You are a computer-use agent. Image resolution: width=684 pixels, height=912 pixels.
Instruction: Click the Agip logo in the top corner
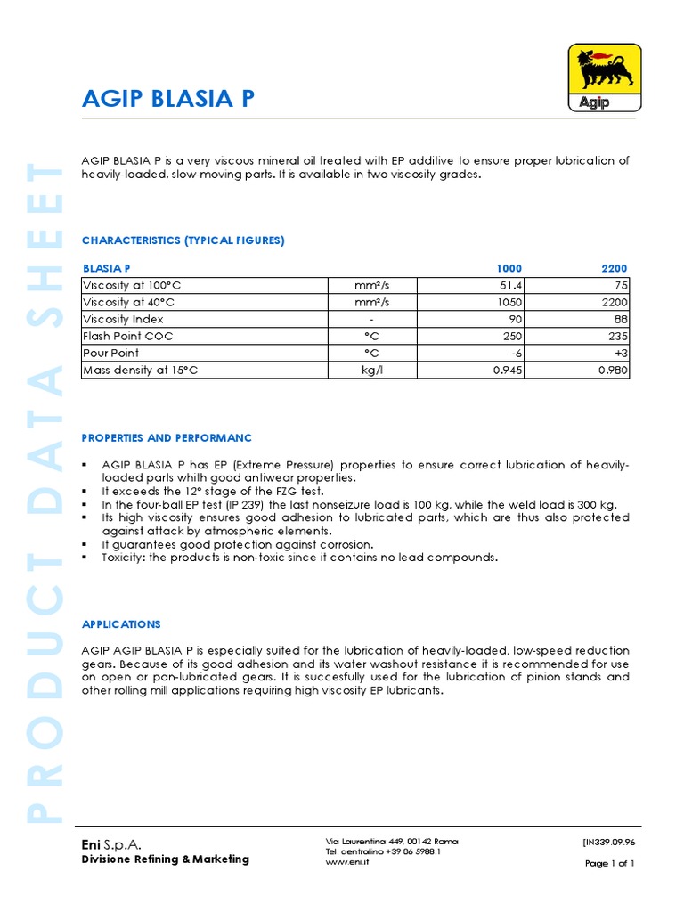point(603,78)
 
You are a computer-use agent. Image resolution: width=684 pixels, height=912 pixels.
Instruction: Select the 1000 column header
point(509,268)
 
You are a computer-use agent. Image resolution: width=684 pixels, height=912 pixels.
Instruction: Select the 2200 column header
point(614,268)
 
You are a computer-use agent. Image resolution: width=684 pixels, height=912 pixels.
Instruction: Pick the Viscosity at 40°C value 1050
point(509,303)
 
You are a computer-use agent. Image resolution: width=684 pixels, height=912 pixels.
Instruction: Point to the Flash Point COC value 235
point(618,337)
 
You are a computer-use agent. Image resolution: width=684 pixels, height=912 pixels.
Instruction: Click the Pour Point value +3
point(621,354)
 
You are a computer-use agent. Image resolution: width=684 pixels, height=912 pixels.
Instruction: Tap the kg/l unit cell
point(371,370)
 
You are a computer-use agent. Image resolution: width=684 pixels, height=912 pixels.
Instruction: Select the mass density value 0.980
point(613,370)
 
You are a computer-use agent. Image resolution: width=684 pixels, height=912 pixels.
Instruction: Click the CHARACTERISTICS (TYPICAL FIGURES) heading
point(183,240)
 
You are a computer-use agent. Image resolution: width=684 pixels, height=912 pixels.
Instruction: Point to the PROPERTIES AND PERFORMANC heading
point(167,438)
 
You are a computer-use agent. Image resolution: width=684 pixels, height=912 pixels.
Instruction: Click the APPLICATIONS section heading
point(121,624)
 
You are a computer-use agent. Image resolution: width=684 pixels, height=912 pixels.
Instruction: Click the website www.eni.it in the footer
point(347,862)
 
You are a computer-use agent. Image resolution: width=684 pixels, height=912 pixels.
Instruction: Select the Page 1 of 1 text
point(609,863)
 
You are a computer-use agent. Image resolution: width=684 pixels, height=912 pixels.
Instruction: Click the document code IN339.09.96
point(608,842)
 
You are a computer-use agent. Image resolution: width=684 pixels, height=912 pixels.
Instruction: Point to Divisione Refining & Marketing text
point(166,859)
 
